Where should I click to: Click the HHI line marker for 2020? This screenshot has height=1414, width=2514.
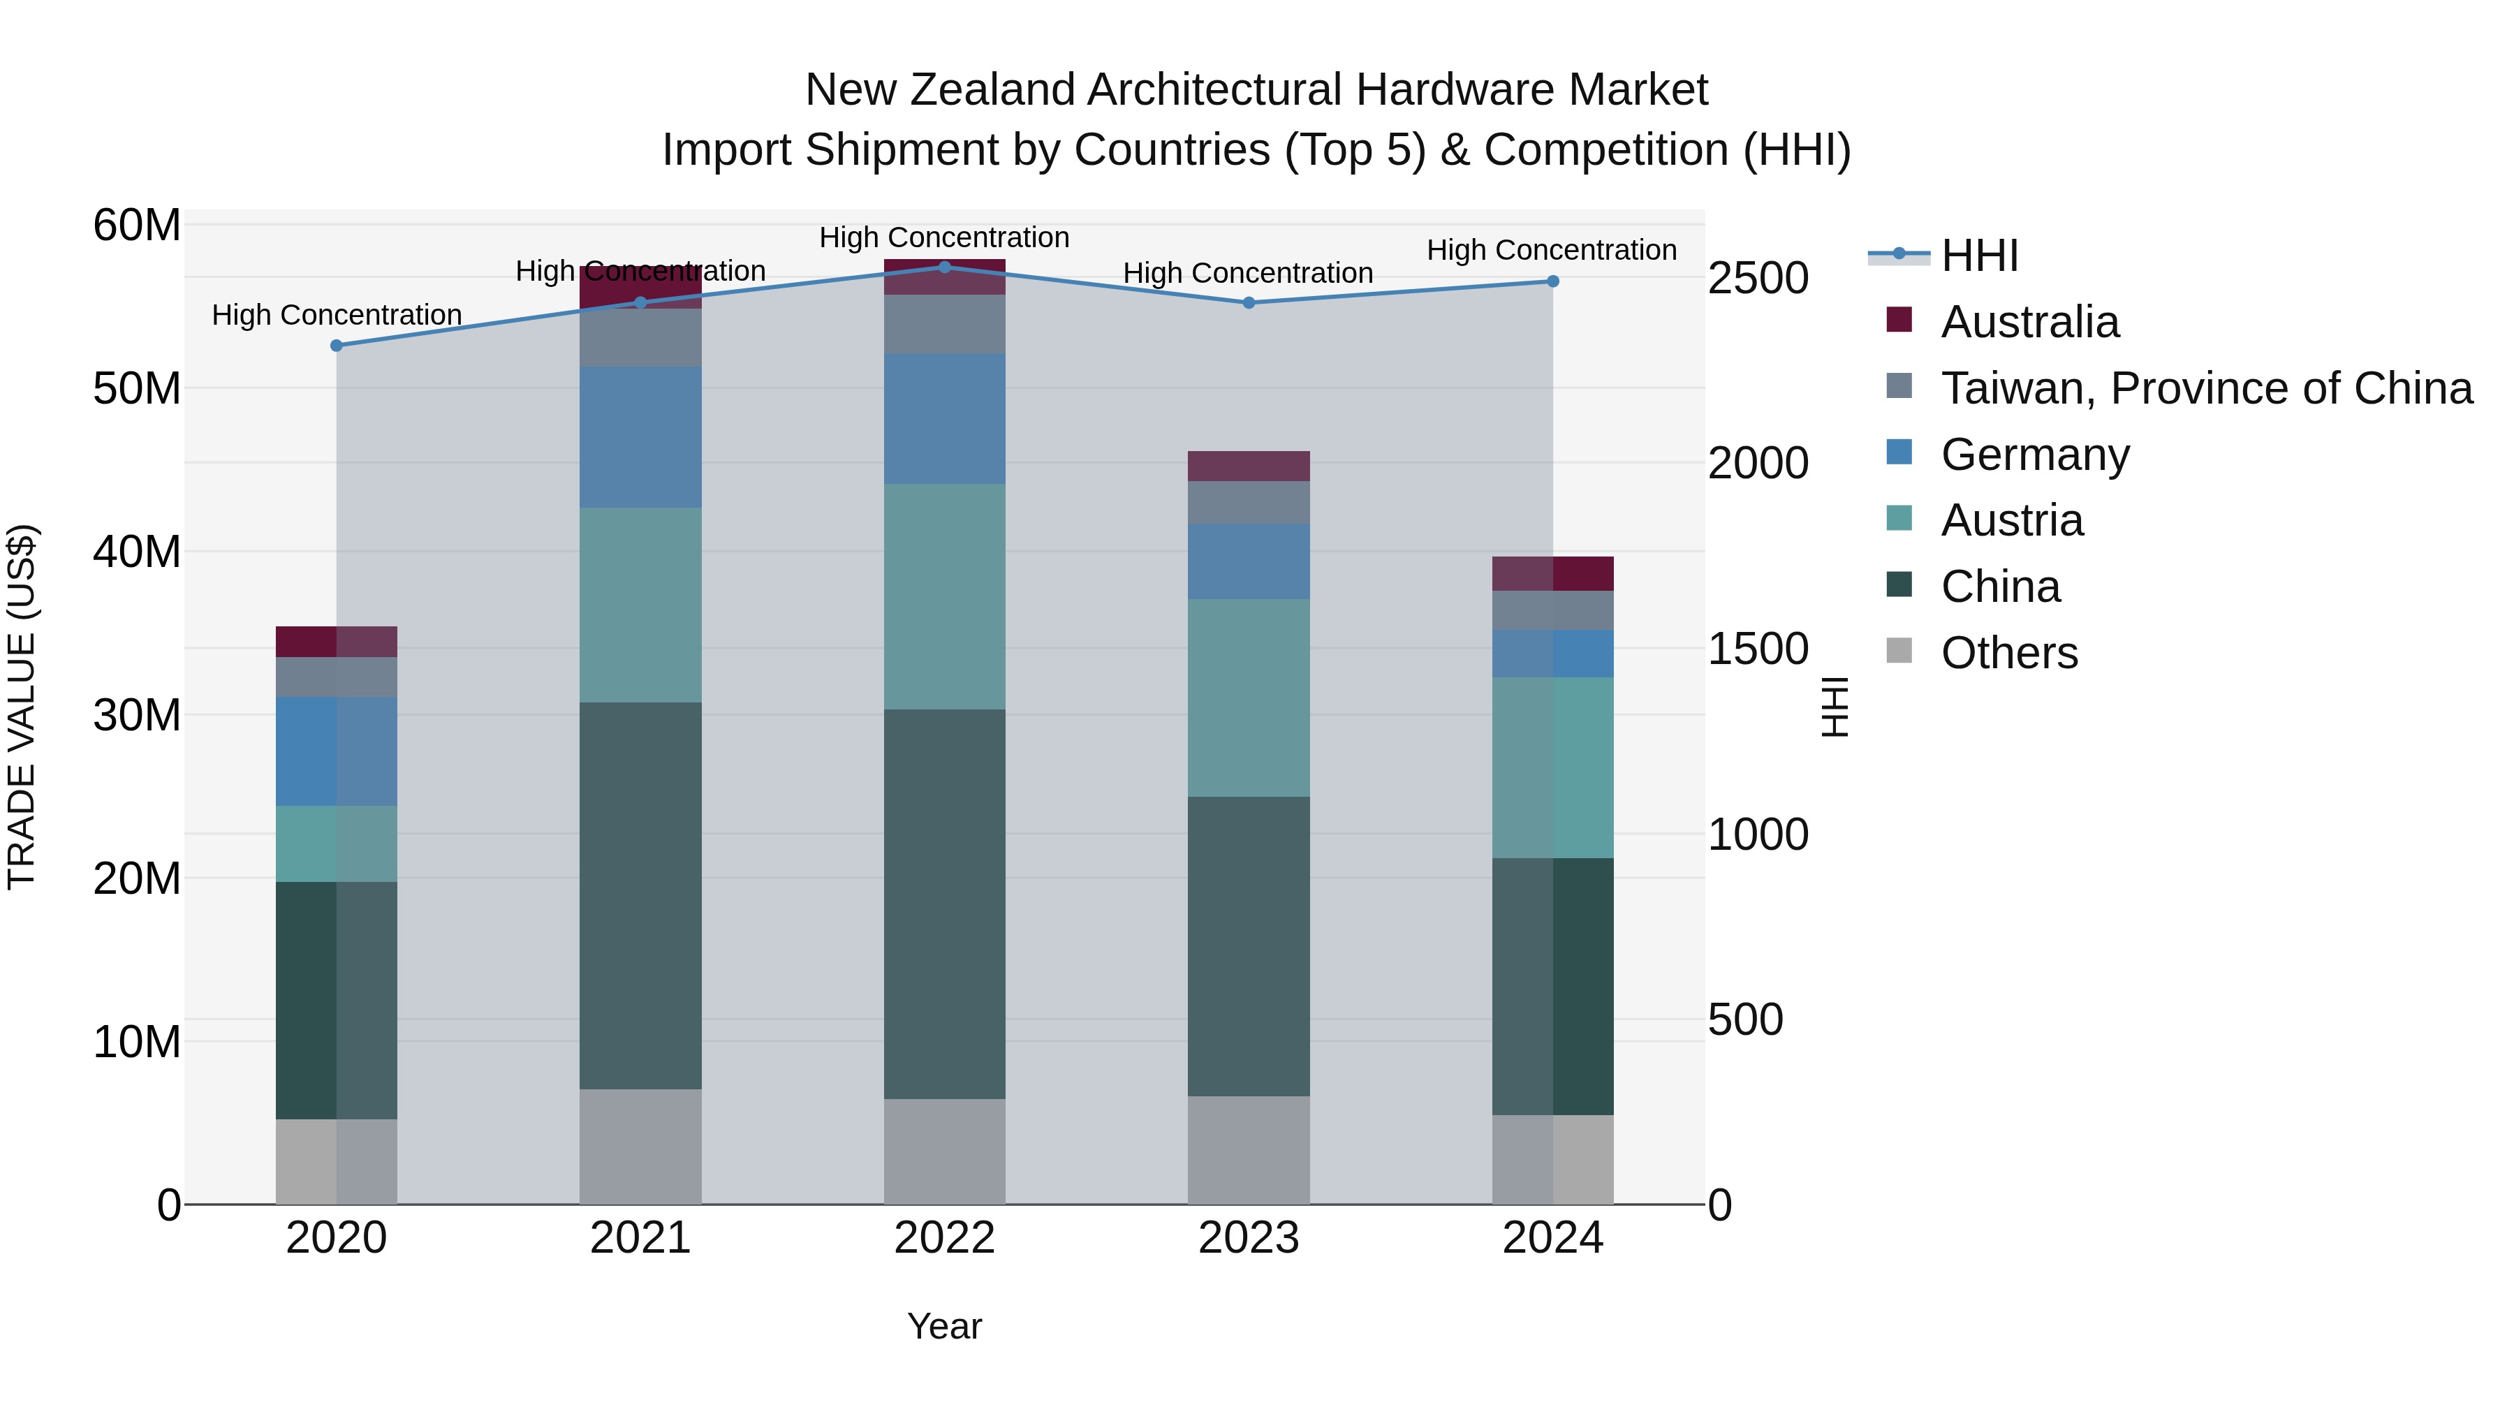337,346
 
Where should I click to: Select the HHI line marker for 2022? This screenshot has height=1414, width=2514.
945,267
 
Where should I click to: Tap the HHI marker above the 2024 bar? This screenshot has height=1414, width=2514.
1552,281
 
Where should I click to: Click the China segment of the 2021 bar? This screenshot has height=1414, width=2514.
640,896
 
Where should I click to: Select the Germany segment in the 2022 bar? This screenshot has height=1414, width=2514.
945,419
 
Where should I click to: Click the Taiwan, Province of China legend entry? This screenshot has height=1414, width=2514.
2205,388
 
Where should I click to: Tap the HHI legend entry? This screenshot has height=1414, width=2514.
1979,256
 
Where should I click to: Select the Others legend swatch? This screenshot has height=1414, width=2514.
1899,651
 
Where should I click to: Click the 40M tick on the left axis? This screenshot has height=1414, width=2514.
137,552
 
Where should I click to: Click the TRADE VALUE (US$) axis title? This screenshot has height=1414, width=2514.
22,707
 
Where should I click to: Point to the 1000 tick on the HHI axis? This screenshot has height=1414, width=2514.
1758,834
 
